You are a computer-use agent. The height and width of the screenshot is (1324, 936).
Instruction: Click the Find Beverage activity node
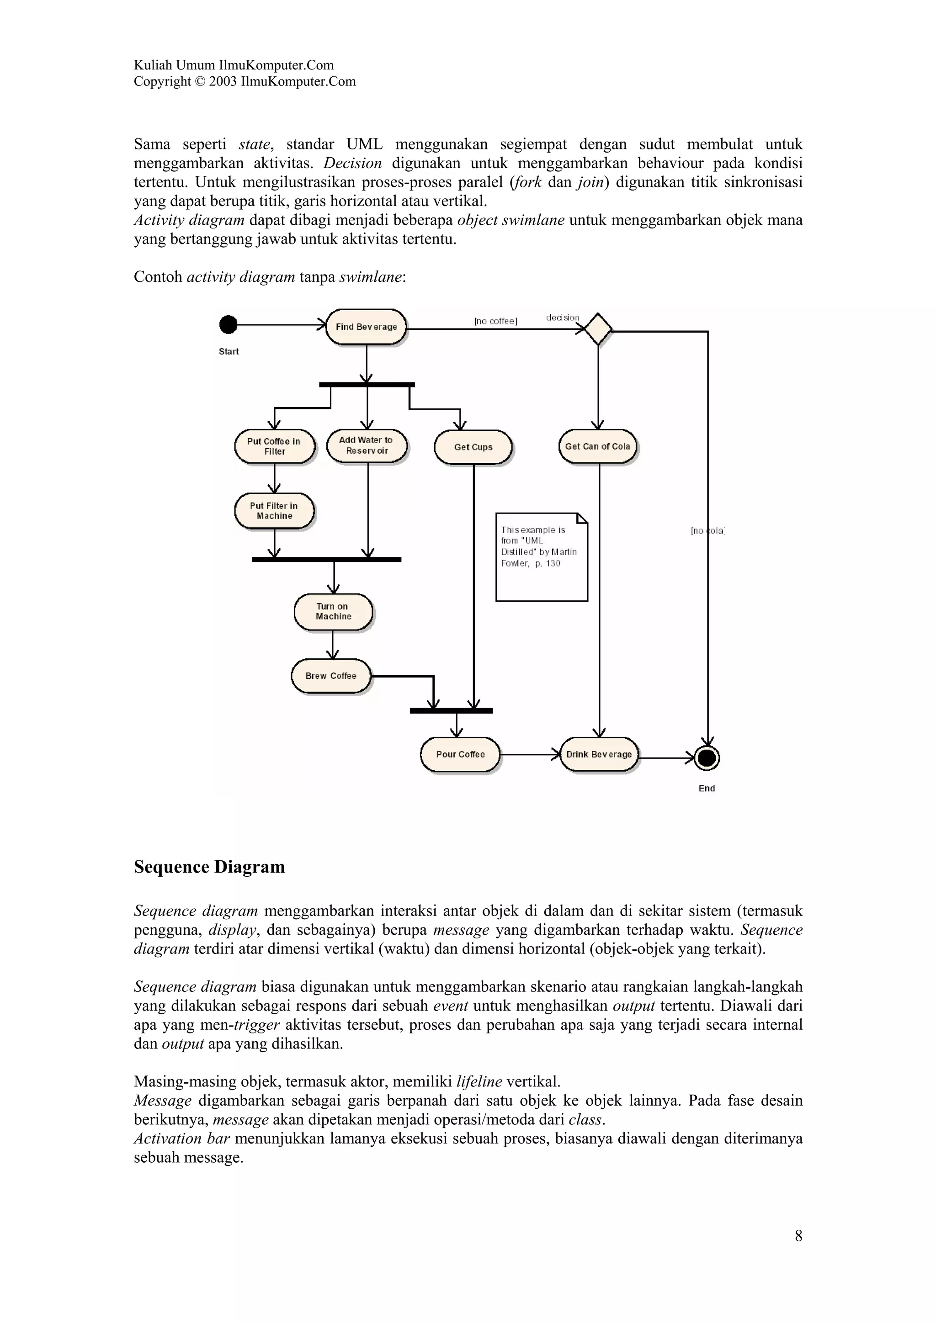pyautogui.click(x=366, y=326)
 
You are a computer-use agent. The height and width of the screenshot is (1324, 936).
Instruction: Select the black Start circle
pyautogui.click(x=229, y=325)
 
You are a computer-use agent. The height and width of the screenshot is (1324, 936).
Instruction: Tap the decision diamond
pyautogui.click(x=597, y=329)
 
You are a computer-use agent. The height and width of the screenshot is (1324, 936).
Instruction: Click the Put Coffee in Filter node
pyautogui.click(x=275, y=446)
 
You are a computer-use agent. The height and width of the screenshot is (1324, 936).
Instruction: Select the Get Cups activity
pyautogui.click(x=473, y=447)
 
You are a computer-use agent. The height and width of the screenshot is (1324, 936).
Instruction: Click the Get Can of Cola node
pyautogui.click(x=597, y=446)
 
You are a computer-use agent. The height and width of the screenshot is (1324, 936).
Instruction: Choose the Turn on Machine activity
pyautogui.click(x=333, y=611)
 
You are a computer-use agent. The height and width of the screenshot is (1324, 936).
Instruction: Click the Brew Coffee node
pyautogui.click(x=330, y=676)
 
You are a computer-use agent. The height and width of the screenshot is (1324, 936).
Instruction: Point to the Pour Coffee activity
pyautogui.click(x=460, y=754)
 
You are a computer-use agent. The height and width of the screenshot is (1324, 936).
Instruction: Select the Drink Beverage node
pyautogui.click(x=599, y=754)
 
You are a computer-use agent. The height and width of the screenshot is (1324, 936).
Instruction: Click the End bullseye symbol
pyautogui.click(x=707, y=758)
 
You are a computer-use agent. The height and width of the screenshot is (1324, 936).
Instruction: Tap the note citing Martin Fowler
pyautogui.click(x=541, y=556)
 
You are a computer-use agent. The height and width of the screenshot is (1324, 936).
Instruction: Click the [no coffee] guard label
pyautogui.click(x=495, y=321)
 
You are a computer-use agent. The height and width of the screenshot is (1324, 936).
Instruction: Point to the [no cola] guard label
pyautogui.click(x=707, y=530)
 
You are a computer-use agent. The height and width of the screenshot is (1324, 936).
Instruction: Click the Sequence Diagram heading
pyautogui.click(x=209, y=867)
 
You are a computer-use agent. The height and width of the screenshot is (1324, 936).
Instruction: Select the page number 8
pyautogui.click(x=798, y=1235)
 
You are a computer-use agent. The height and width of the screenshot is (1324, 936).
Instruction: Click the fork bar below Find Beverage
pyautogui.click(x=367, y=385)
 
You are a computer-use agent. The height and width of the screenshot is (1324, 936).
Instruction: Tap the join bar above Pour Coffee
pyautogui.click(x=451, y=710)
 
